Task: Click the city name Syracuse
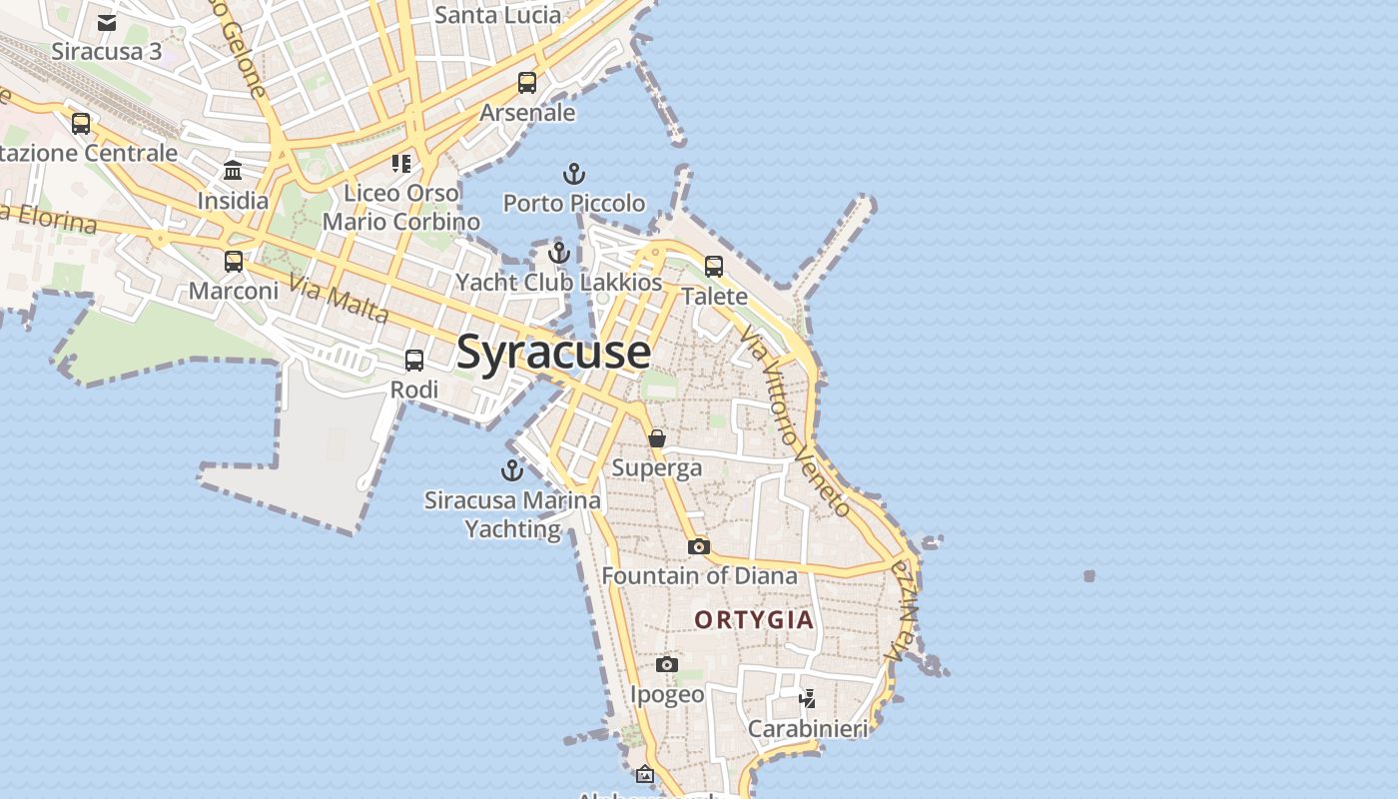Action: pyautogui.click(x=553, y=353)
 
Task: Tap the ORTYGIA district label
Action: pyautogui.click(x=754, y=620)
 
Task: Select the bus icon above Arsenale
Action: pyautogui.click(x=527, y=83)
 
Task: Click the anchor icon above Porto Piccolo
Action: pyautogui.click(x=574, y=175)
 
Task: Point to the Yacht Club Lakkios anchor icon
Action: pyautogui.click(x=559, y=253)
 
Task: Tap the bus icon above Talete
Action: pyautogui.click(x=714, y=267)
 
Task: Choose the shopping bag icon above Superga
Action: pyautogui.click(x=657, y=438)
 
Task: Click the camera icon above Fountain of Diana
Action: pyautogui.click(x=699, y=546)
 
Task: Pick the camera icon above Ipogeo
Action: pyautogui.click(x=667, y=664)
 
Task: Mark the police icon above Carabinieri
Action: pyautogui.click(x=807, y=698)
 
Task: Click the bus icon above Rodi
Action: pyautogui.click(x=414, y=361)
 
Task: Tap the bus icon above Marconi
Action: pyautogui.click(x=234, y=262)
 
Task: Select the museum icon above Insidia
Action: pyautogui.click(x=233, y=171)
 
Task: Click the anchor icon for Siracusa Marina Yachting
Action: pyautogui.click(x=512, y=470)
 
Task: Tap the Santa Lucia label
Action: pyautogui.click(x=498, y=15)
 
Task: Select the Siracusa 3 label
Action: pyautogui.click(x=107, y=51)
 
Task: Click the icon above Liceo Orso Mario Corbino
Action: pyautogui.click(x=401, y=163)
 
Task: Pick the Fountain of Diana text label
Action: pyautogui.click(x=699, y=576)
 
